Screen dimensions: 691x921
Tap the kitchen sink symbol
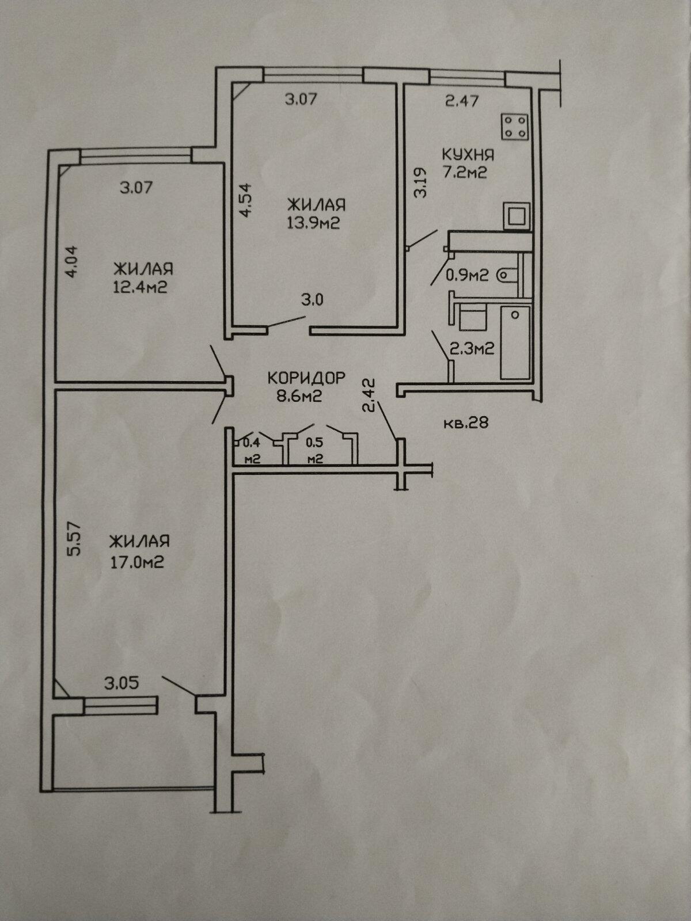pos(517,216)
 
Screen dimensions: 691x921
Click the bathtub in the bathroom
pos(515,343)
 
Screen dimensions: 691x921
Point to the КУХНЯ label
pos(468,155)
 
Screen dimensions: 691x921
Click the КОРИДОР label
pos(306,378)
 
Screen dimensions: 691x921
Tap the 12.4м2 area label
pos(140,287)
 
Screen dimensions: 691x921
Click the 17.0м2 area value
pos(137,562)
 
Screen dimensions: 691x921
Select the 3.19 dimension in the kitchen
pos(421,182)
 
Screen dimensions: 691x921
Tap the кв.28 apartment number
pos(466,422)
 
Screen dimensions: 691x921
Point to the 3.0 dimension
pos(313,300)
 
